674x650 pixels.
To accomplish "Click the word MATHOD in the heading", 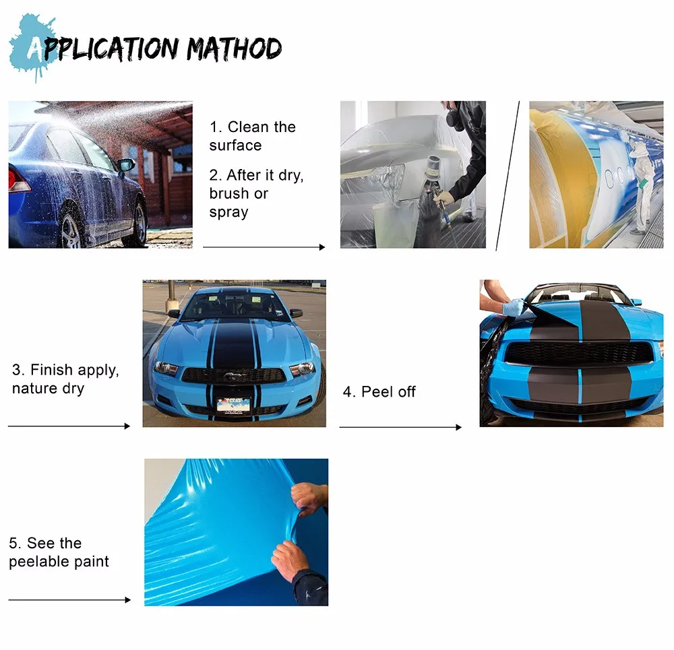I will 235,49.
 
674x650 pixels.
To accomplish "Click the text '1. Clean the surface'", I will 252,136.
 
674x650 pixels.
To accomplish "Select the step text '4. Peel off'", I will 379,392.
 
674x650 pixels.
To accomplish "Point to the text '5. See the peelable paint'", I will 59,552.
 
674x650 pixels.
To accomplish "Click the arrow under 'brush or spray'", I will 264,247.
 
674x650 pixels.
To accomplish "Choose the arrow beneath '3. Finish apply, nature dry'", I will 69,426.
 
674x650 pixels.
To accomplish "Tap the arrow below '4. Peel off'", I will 400,427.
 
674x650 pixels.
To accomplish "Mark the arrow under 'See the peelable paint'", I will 69,599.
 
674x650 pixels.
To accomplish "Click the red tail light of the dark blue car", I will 18,181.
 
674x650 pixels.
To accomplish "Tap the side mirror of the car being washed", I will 126,165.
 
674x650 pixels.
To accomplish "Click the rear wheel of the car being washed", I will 71,229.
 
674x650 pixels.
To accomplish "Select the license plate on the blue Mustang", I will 234,404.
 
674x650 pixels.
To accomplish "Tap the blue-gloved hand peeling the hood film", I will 513,306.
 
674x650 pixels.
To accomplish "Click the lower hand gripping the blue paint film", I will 290,559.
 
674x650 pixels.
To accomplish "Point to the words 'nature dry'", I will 48,389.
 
